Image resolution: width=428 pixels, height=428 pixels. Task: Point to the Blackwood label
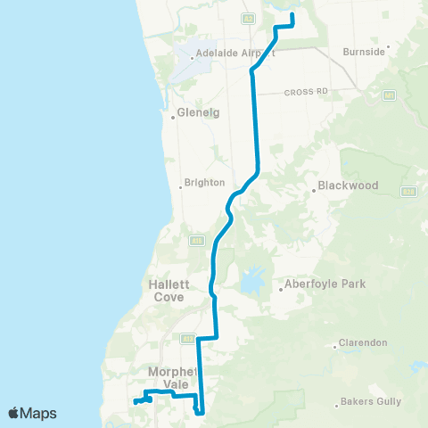350,186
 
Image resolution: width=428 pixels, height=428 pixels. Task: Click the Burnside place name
364,52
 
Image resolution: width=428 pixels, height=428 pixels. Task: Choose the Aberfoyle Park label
313,285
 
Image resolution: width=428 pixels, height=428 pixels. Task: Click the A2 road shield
247,17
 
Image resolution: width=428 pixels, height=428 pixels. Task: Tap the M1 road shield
389,94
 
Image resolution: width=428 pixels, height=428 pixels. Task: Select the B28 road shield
407,191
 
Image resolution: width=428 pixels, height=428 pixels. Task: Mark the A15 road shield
195,240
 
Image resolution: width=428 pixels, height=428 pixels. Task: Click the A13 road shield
188,339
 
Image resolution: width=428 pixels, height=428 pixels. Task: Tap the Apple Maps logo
32,413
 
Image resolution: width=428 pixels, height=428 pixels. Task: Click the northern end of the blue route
292,13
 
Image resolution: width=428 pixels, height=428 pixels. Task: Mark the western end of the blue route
136,402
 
